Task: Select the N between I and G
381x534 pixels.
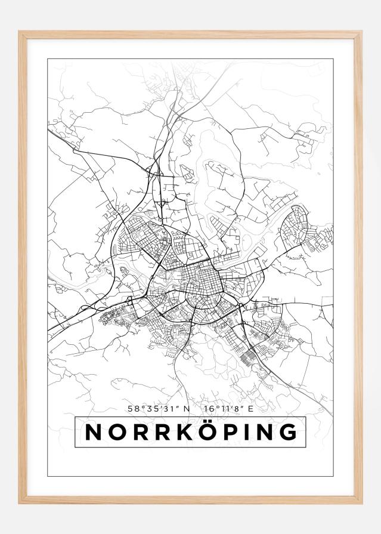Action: point(260,432)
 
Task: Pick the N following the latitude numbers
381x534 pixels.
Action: point(187,409)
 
